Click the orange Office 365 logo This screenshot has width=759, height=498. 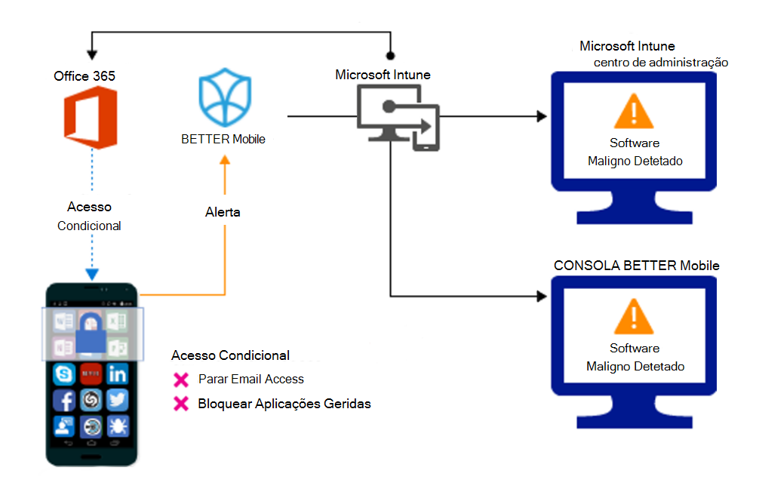tap(89, 117)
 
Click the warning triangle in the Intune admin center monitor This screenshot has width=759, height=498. tap(634, 113)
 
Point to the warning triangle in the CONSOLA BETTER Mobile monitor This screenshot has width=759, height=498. tap(634, 318)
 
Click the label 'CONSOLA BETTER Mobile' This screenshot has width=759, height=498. tap(636, 266)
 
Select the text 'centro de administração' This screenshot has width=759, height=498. tap(660, 62)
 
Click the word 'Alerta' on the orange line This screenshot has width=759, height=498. tap(223, 212)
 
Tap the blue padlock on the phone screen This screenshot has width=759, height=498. tap(91, 333)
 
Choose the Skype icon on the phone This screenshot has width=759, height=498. tap(64, 373)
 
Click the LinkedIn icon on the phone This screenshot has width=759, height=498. tap(117, 373)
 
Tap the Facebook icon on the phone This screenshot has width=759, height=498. tap(64, 400)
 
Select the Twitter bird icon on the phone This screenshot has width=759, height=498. tap(117, 400)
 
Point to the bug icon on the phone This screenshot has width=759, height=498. tap(117, 426)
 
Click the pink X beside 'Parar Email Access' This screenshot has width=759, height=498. tap(180, 379)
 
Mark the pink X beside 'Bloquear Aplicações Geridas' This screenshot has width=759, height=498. tap(180, 404)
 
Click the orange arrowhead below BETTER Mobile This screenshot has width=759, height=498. tap(223, 159)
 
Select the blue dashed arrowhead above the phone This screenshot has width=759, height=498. tap(91, 274)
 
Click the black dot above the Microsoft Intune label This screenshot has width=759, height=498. tap(391, 55)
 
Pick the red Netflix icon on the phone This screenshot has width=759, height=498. tap(91, 373)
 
